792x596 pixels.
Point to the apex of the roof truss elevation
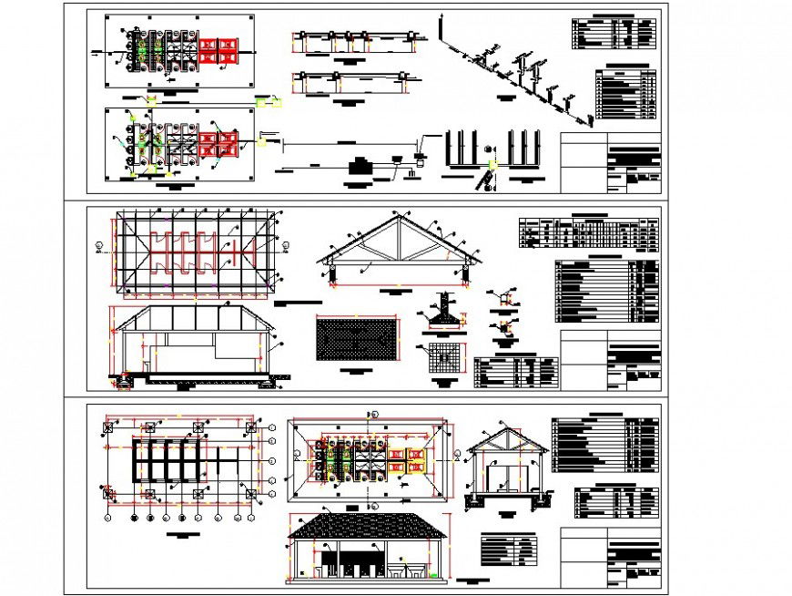(397, 220)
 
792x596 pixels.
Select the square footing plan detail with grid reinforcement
(443, 358)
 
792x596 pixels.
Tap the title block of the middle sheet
(610, 361)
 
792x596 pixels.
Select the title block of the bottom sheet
(610, 559)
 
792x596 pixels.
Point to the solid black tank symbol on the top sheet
(360, 166)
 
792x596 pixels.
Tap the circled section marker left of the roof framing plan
(97, 244)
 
